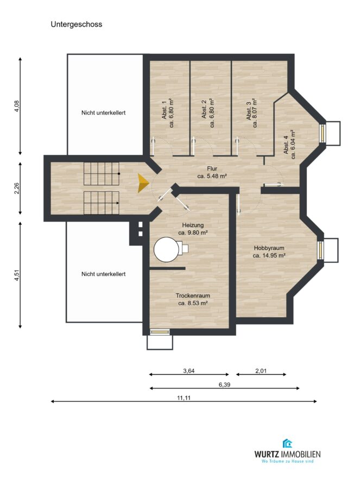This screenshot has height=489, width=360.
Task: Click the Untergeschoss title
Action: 77,24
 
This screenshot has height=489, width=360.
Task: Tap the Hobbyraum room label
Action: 269,248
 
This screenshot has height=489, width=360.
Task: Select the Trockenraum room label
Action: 193,296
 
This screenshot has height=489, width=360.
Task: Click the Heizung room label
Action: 193,225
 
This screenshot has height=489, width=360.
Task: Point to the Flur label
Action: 212,169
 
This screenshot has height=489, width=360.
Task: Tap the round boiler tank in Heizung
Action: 165,249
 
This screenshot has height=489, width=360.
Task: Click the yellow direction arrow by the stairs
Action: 143,183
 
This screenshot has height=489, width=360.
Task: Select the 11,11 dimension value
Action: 184,398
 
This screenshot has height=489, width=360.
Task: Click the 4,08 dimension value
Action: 17,106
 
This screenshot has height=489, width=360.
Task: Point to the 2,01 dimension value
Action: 261,371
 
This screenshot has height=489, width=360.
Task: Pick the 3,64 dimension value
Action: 189,371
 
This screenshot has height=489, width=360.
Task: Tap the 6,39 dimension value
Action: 224,385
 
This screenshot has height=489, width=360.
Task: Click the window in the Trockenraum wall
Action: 159,332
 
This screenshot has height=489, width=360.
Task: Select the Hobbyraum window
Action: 320,250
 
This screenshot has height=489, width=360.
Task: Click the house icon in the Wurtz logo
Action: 287,443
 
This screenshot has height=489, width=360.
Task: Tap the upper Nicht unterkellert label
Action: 104,112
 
